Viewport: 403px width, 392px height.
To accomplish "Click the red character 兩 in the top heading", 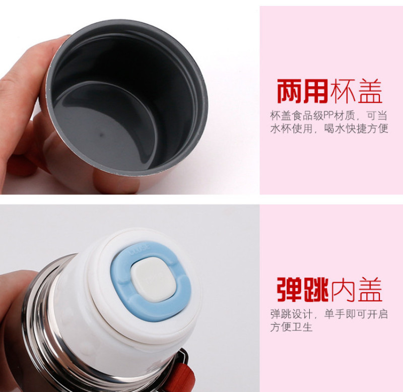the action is pos(290,91).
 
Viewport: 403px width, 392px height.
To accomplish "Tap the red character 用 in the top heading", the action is pos(316,91).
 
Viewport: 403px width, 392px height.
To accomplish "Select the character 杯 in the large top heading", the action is pos(343,91).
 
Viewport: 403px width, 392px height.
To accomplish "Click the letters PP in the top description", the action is pos(329,115).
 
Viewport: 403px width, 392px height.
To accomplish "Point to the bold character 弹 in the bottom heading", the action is pos(290,289).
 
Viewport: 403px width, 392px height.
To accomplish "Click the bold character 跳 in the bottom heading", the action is pos(316,289).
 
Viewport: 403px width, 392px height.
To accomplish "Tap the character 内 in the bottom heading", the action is pos(344,289).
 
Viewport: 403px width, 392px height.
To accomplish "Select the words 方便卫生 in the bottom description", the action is pos(291,327).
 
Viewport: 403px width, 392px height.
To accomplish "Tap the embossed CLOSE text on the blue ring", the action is pos(140,250).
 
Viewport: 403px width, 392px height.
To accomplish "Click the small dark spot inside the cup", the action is pos(102,135).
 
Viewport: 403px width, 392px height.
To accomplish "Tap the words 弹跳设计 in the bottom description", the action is pos(291,314).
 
